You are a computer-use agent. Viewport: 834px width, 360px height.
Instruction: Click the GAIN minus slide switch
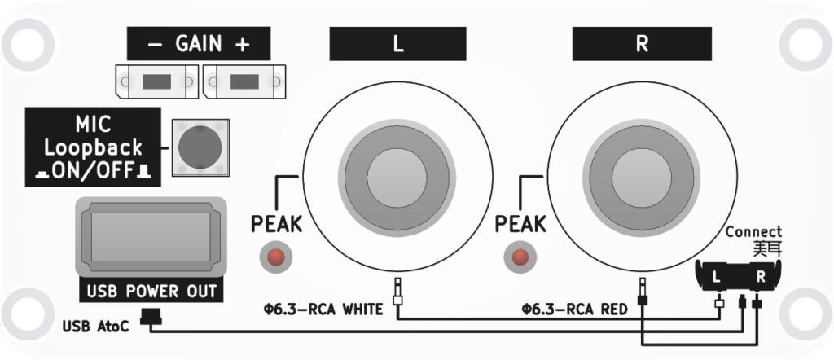pyautogui.click(x=157, y=82)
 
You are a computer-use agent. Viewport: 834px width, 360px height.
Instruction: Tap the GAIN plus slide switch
pyautogui.click(x=244, y=82)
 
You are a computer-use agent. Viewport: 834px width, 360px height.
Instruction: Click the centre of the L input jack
pyautogui.click(x=397, y=173)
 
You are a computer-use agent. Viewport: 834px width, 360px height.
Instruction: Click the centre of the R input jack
pyautogui.click(x=642, y=173)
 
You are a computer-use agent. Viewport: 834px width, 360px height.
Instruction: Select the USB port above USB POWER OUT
pyautogui.click(x=151, y=236)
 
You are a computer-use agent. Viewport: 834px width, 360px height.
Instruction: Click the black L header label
pyautogui.click(x=397, y=44)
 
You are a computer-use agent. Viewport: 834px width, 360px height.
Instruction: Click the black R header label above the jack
pyautogui.click(x=642, y=44)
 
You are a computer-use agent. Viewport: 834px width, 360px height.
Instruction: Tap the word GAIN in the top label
pyautogui.click(x=198, y=44)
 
